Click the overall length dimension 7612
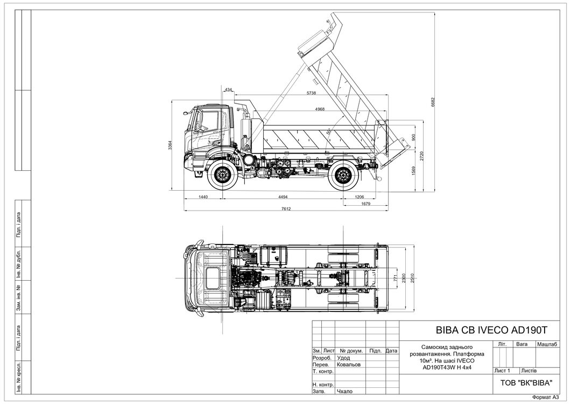[x=286, y=209]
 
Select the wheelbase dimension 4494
[x=283, y=197]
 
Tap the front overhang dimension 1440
[x=203, y=197]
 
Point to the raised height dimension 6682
[x=433, y=102]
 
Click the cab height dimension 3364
[x=170, y=145]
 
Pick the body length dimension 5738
[x=312, y=93]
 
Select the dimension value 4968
[x=320, y=109]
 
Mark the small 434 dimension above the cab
[x=228, y=90]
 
